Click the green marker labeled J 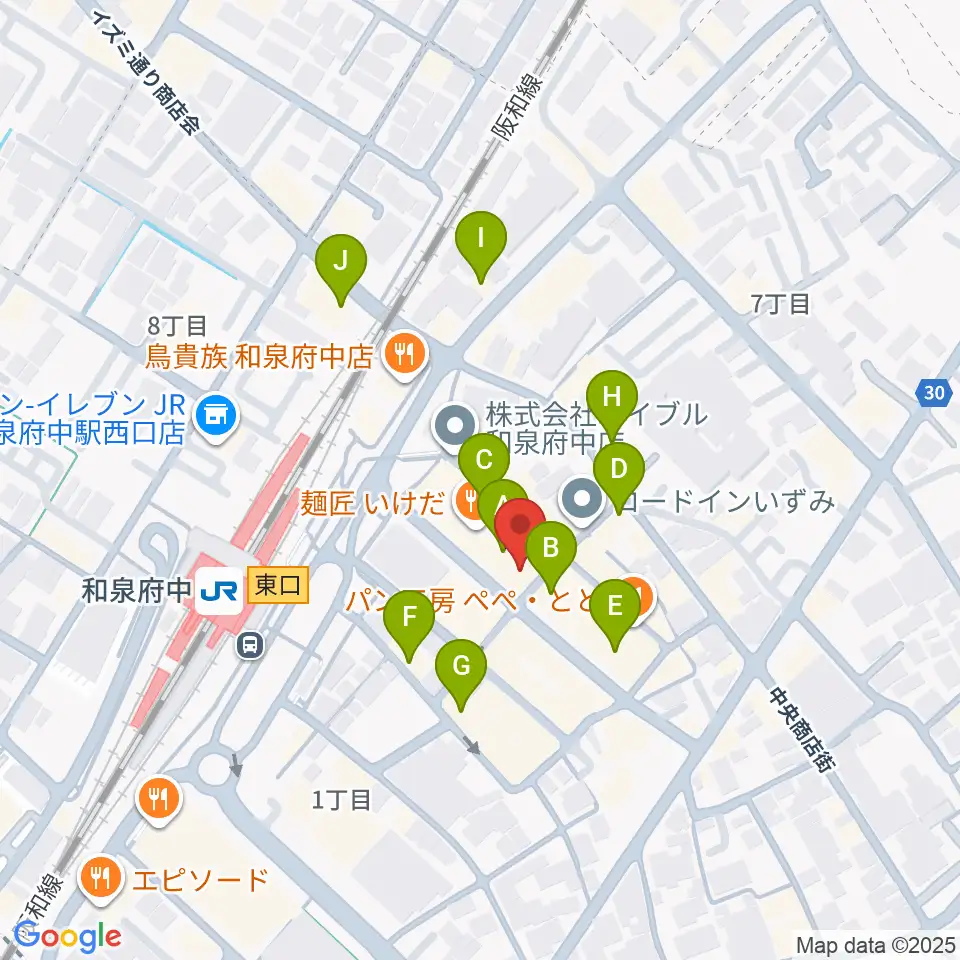point(340,263)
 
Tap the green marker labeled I point(481,239)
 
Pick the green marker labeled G point(461,665)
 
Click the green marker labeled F point(408,617)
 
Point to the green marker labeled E point(614,606)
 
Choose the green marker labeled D point(619,469)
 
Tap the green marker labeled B point(549,548)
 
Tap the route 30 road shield point(933,394)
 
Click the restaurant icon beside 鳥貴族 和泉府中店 point(406,353)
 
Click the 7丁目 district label point(781,304)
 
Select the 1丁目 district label point(341,799)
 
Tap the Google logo point(68,936)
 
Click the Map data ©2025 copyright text point(874,944)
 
